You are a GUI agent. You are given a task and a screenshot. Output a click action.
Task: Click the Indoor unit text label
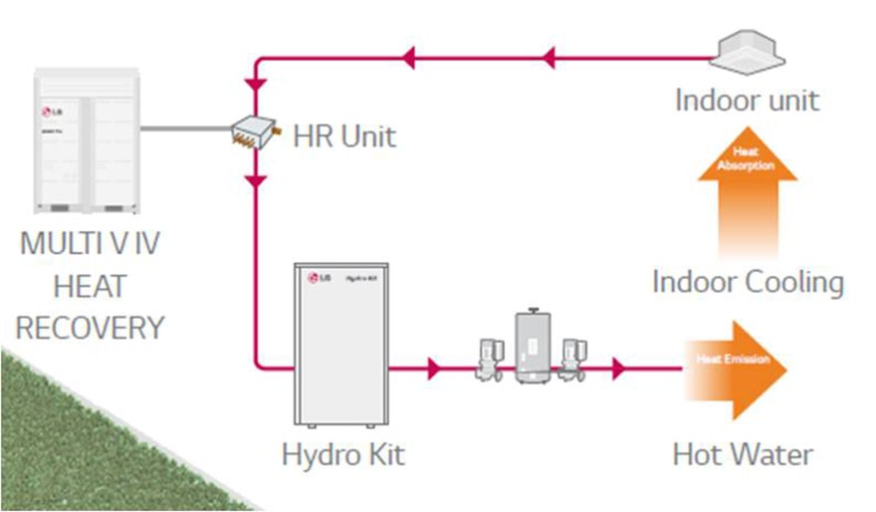click(x=747, y=100)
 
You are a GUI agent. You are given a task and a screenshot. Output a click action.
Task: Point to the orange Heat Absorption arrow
click(x=747, y=189)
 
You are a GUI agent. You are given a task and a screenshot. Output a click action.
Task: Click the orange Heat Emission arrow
click(x=736, y=369)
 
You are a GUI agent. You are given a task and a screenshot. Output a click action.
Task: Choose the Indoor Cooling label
click(x=748, y=281)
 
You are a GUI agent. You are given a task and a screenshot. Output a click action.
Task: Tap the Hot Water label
click(x=743, y=455)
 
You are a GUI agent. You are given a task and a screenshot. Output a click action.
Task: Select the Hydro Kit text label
click(x=343, y=455)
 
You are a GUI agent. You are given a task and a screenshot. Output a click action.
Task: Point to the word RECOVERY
click(x=91, y=327)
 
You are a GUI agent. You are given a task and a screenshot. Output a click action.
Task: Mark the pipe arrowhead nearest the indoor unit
click(x=547, y=59)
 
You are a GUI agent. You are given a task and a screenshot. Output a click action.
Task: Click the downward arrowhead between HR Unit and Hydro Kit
click(x=257, y=182)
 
